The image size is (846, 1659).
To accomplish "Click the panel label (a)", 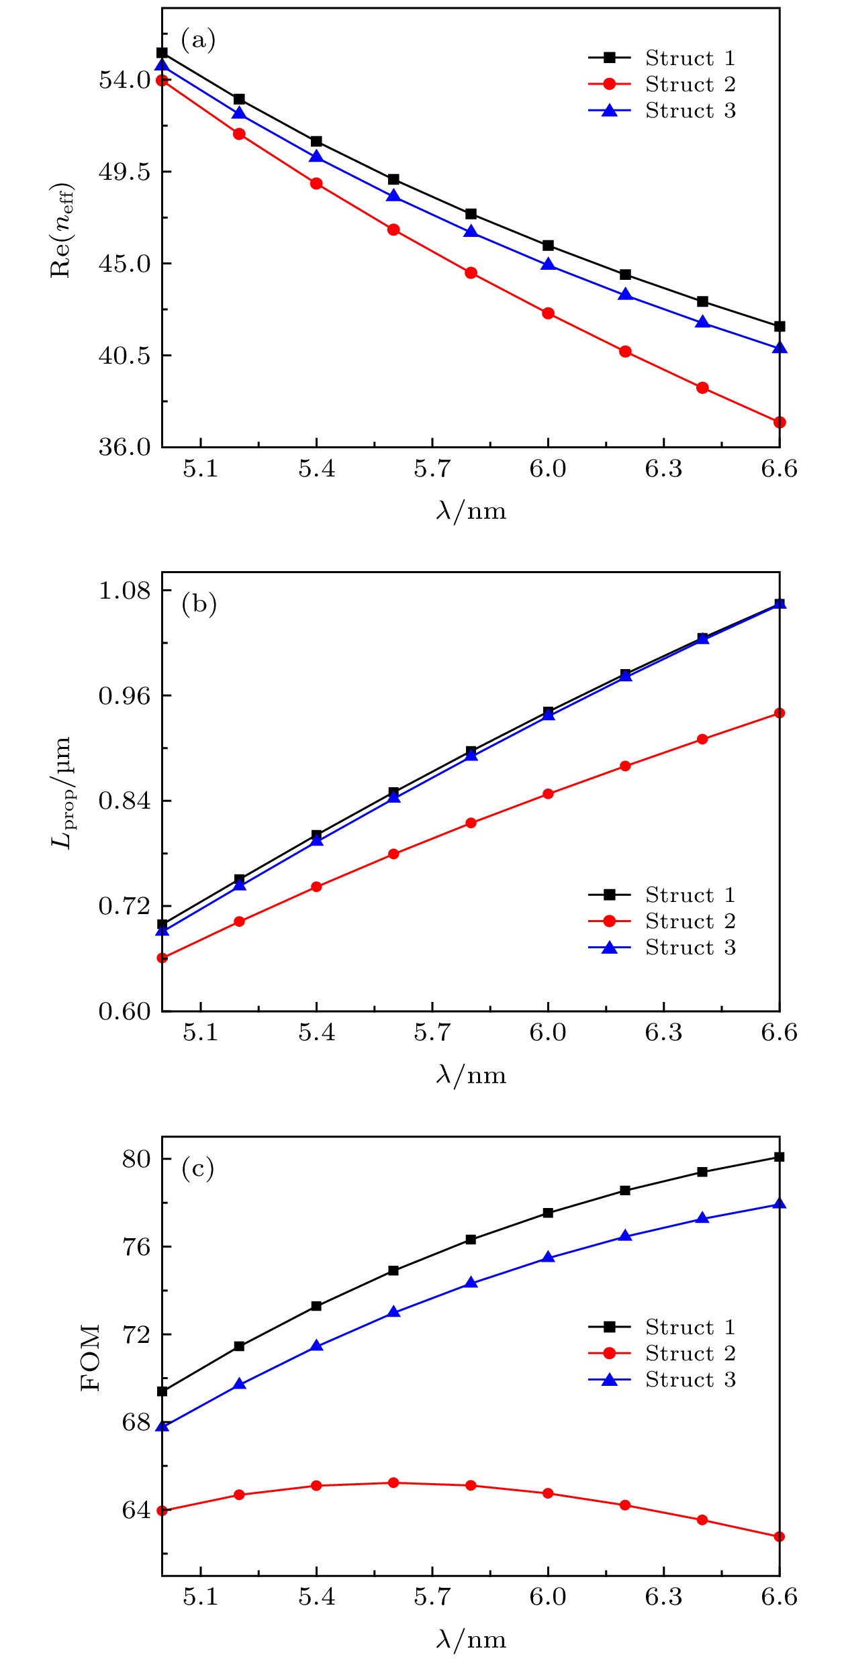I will click(x=198, y=40).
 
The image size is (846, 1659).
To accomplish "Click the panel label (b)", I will click(x=199, y=604).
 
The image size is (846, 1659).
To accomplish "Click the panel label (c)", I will click(x=198, y=1168).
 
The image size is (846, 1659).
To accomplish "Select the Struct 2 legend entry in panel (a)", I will click(x=662, y=85).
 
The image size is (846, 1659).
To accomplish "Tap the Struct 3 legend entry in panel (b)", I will click(x=662, y=948).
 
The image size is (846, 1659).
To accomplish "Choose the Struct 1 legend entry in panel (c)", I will click(x=662, y=1327).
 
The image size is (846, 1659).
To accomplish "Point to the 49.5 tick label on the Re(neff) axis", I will click(x=125, y=172).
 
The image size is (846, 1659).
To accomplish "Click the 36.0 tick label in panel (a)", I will click(x=125, y=447).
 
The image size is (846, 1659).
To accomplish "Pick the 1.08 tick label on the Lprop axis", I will click(x=125, y=591).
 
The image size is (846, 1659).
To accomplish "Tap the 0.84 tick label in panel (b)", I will click(x=125, y=801).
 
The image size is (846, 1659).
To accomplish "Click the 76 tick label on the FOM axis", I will click(x=136, y=1247).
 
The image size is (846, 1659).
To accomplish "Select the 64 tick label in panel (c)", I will click(x=136, y=1510).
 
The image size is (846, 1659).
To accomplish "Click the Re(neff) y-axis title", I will click(x=62, y=230).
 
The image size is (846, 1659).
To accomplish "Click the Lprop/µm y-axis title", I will click(x=62, y=792).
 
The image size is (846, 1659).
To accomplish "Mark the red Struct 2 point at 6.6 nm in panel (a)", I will click(x=780, y=422).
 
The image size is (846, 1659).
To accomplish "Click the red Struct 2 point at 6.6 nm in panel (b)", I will click(x=780, y=713).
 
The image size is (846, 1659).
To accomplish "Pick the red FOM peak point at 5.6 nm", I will click(x=393, y=1482).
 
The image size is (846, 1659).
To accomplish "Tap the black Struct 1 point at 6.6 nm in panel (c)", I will click(x=780, y=1157).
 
